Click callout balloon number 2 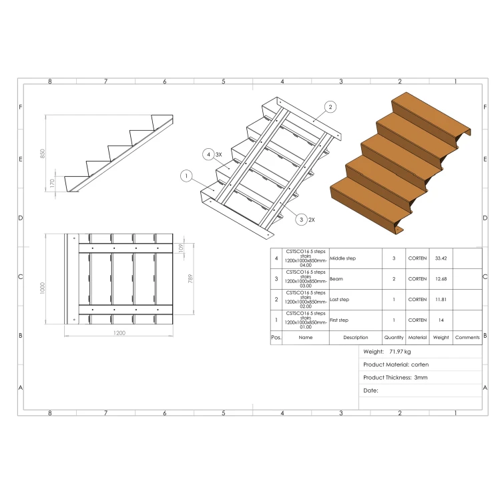[x=330, y=107]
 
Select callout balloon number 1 [x=186, y=176]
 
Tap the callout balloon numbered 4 [x=208, y=154]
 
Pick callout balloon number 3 [x=301, y=220]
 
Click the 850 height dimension [x=43, y=154]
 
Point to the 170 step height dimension [x=52, y=183]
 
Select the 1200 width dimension [x=119, y=332]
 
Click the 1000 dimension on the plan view [x=43, y=288]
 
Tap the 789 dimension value [x=190, y=278]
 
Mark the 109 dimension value [x=180, y=248]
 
